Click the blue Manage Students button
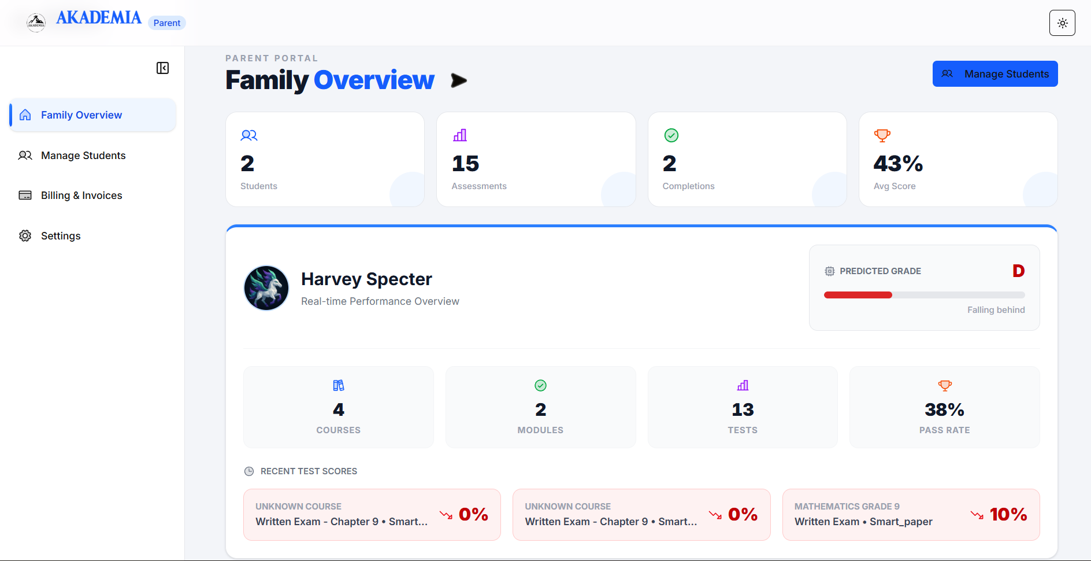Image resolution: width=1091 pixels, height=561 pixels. [994, 74]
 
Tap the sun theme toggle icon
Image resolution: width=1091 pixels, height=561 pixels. [1062, 23]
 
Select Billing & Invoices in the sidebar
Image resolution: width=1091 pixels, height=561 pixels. [81, 195]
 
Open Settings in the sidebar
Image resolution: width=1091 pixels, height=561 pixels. [61, 236]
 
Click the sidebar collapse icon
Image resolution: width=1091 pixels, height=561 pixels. [162, 68]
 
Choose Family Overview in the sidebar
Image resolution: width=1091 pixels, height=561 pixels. [81, 115]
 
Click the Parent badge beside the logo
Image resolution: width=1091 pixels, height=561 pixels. [167, 23]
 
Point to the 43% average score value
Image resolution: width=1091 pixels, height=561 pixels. [898, 164]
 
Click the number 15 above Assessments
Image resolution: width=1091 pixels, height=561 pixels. [465, 164]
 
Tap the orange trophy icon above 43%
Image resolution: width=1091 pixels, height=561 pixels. [882, 135]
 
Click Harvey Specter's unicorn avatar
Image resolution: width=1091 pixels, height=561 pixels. [266, 288]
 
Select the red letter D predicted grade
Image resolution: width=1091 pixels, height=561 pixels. [1018, 271]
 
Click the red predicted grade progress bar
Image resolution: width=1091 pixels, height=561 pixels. [858, 295]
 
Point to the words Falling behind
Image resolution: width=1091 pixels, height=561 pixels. [996, 310]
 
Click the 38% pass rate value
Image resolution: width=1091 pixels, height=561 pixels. [944, 410]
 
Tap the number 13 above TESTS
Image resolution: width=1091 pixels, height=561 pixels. [743, 410]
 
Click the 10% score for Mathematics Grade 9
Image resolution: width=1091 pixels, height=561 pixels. [1008, 514]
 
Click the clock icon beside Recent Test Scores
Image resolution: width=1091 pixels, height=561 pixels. [249, 471]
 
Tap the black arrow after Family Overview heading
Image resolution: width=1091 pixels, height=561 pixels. [459, 80]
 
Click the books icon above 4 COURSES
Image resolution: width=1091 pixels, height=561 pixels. [339, 385]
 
